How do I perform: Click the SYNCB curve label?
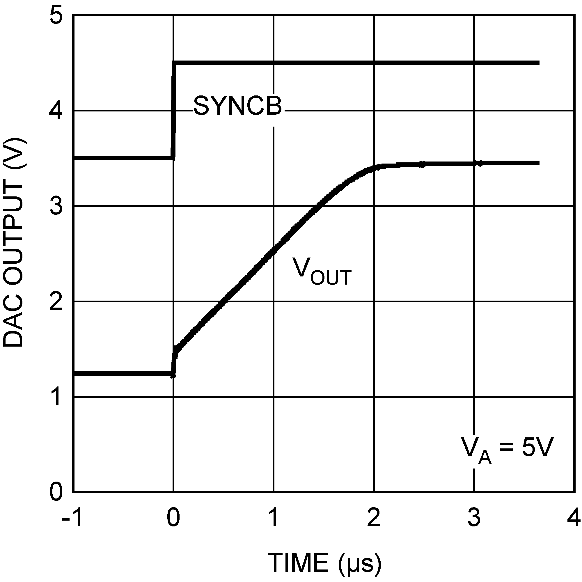238,106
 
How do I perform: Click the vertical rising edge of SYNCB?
173,110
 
